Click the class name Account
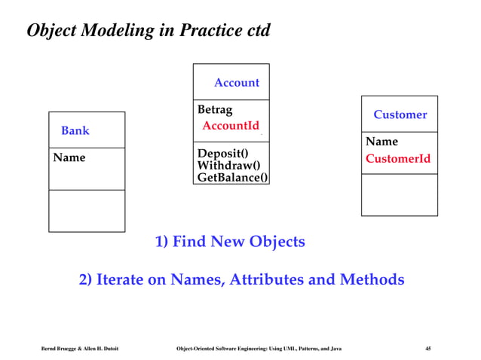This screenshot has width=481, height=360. pyautogui.click(x=236, y=83)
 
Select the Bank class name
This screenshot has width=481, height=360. pyautogui.click(x=75, y=130)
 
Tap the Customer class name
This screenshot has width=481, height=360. pyautogui.click(x=400, y=114)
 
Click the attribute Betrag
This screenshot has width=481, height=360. pyautogui.click(x=215, y=110)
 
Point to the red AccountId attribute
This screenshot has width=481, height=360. pyautogui.click(x=231, y=126)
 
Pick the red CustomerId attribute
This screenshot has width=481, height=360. pyautogui.click(x=398, y=159)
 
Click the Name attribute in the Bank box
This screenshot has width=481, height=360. pyautogui.click(x=69, y=157)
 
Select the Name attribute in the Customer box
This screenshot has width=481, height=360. pyautogui.click(x=381, y=142)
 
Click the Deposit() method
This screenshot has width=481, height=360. pyautogui.click(x=222, y=152)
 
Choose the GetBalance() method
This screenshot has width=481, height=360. pyautogui.click(x=232, y=178)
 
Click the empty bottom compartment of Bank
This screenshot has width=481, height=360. pyautogui.click(x=87, y=210)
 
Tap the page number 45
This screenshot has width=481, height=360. pyautogui.click(x=427, y=348)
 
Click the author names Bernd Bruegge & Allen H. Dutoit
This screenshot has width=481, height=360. pyautogui.click(x=79, y=348)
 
